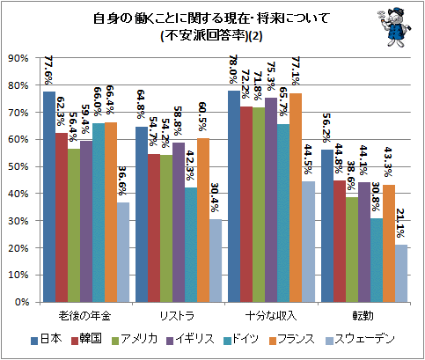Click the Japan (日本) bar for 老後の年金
click(49, 196)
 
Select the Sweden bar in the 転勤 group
click(401, 273)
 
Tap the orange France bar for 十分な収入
click(296, 197)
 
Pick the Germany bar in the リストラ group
click(191, 245)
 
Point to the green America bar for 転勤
click(352, 249)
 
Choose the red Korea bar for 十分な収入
click(246, 204)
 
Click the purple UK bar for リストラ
click(179, 222)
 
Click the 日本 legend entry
click(47, 339)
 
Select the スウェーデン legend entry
click(360, 339)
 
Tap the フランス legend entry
click(292, 339)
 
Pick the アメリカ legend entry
click(135, 339)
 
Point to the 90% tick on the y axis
click(18, 58)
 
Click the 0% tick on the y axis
click(22, 302)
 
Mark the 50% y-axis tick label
click(18, 166)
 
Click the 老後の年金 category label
click(84, 316)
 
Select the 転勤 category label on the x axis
click(363, 316)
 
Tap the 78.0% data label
click(234, 70)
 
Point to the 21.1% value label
click(400, 223)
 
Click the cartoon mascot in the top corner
click(394, 27)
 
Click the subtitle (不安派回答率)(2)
click(211, 36)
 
